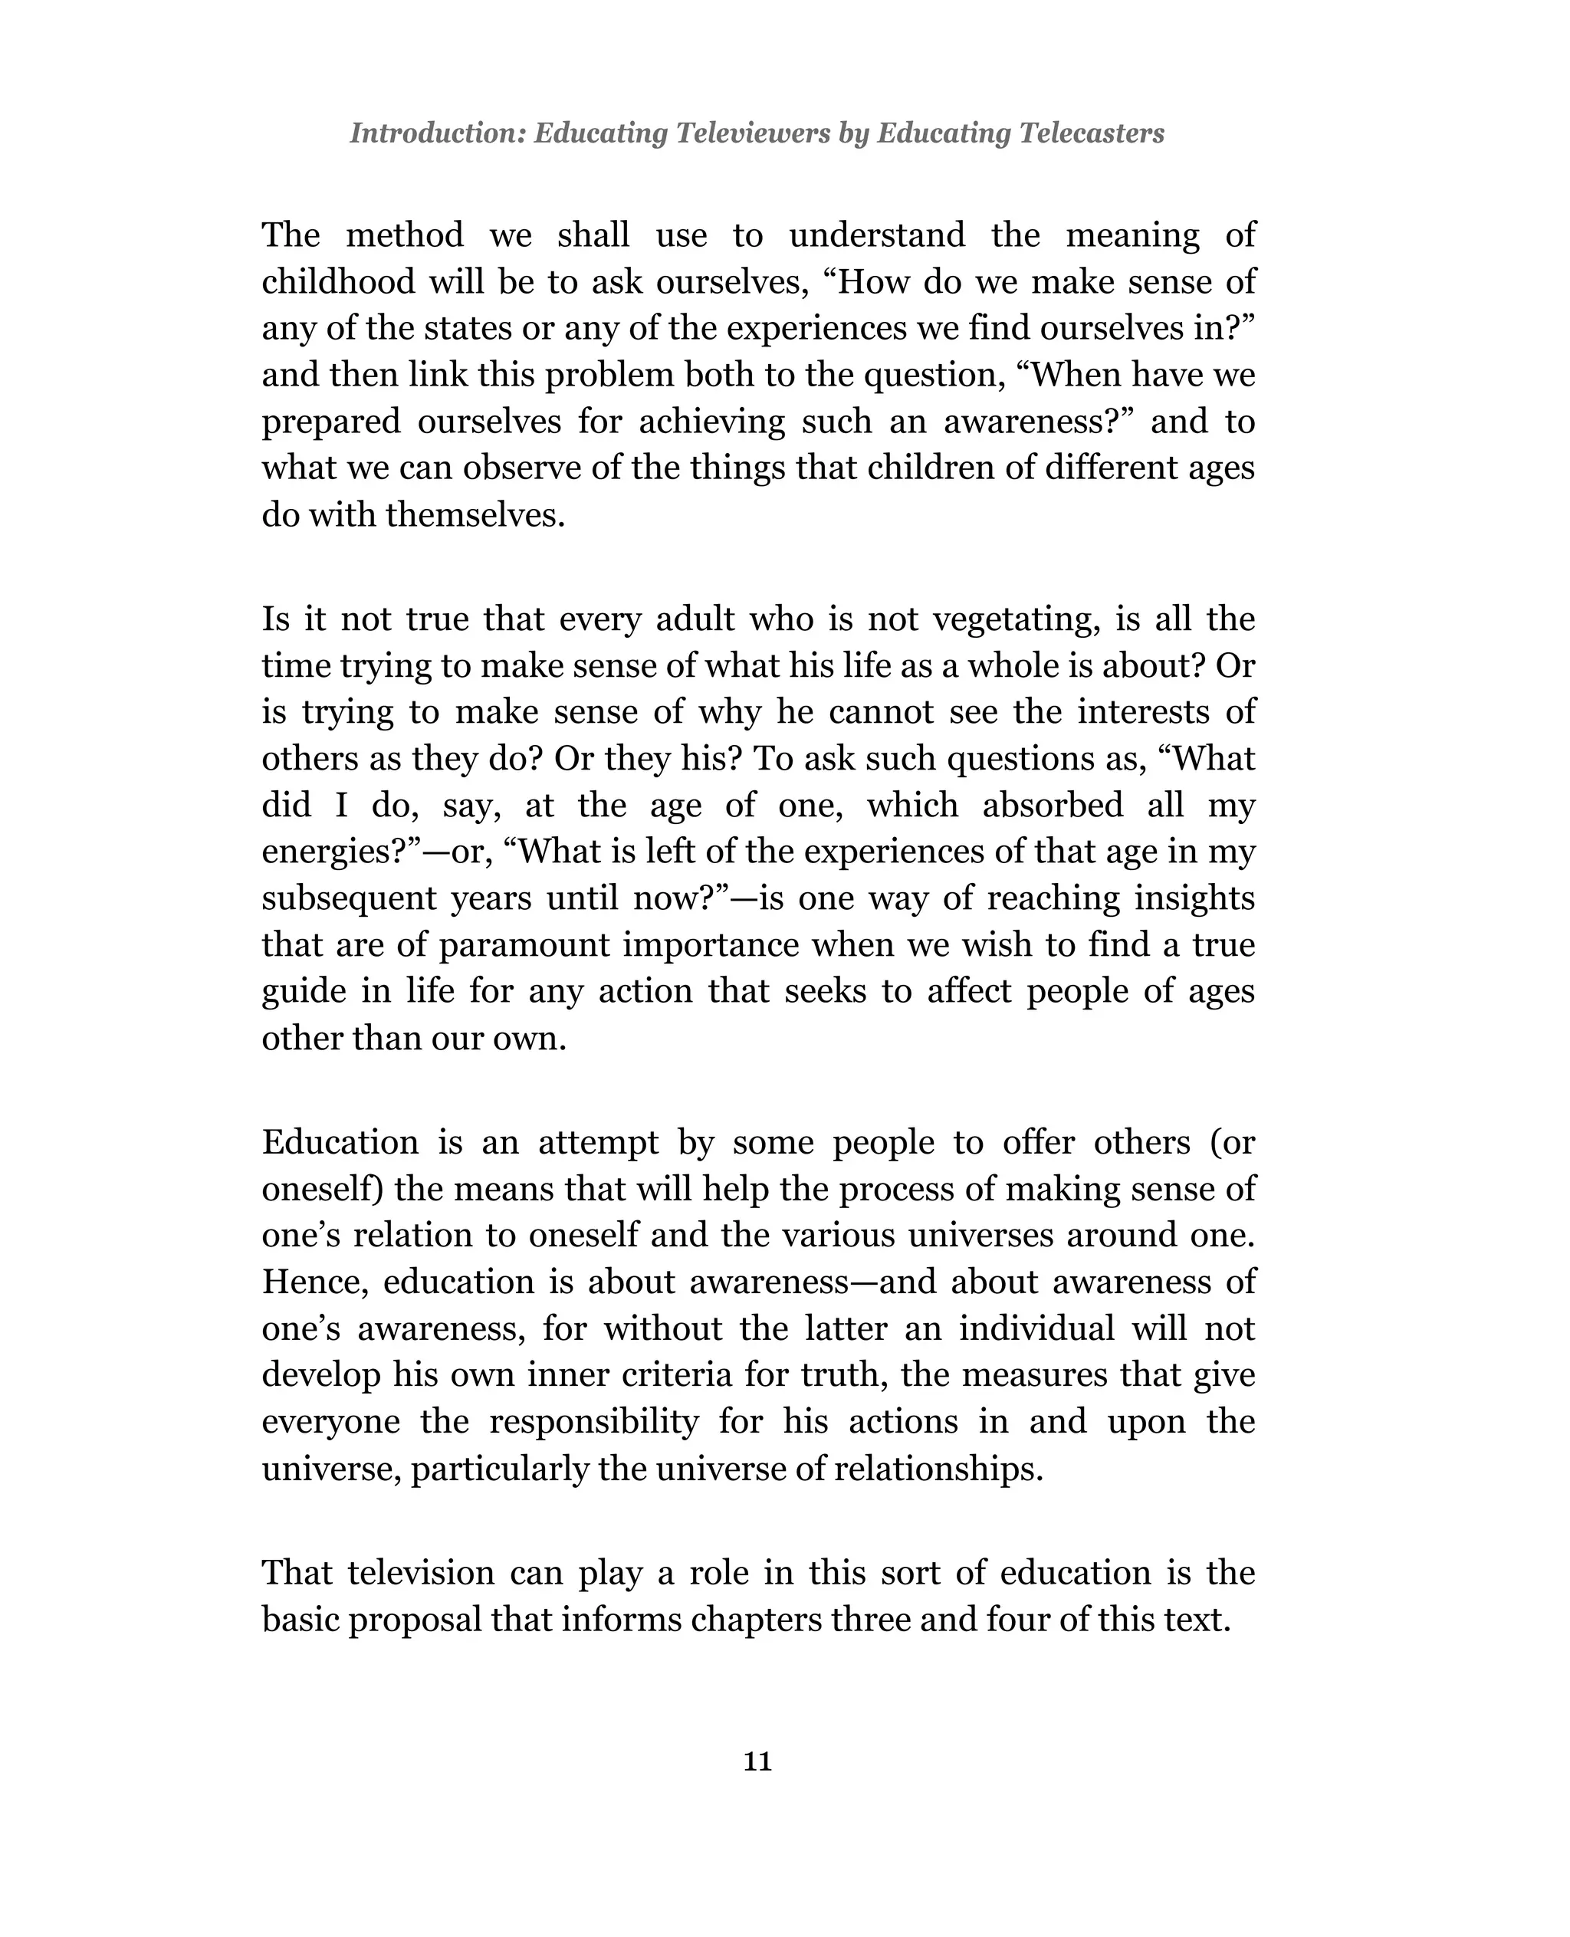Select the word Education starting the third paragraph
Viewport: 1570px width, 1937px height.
pyautogui.click(x=340, y=1142)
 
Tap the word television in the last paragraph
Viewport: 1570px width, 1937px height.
pyautogui.click(x=422, y=1573)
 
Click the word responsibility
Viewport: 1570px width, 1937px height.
pyautogui.click(x=594, y=1422)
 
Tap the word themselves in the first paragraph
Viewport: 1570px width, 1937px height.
pyautogui.click(x=474, y=515)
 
